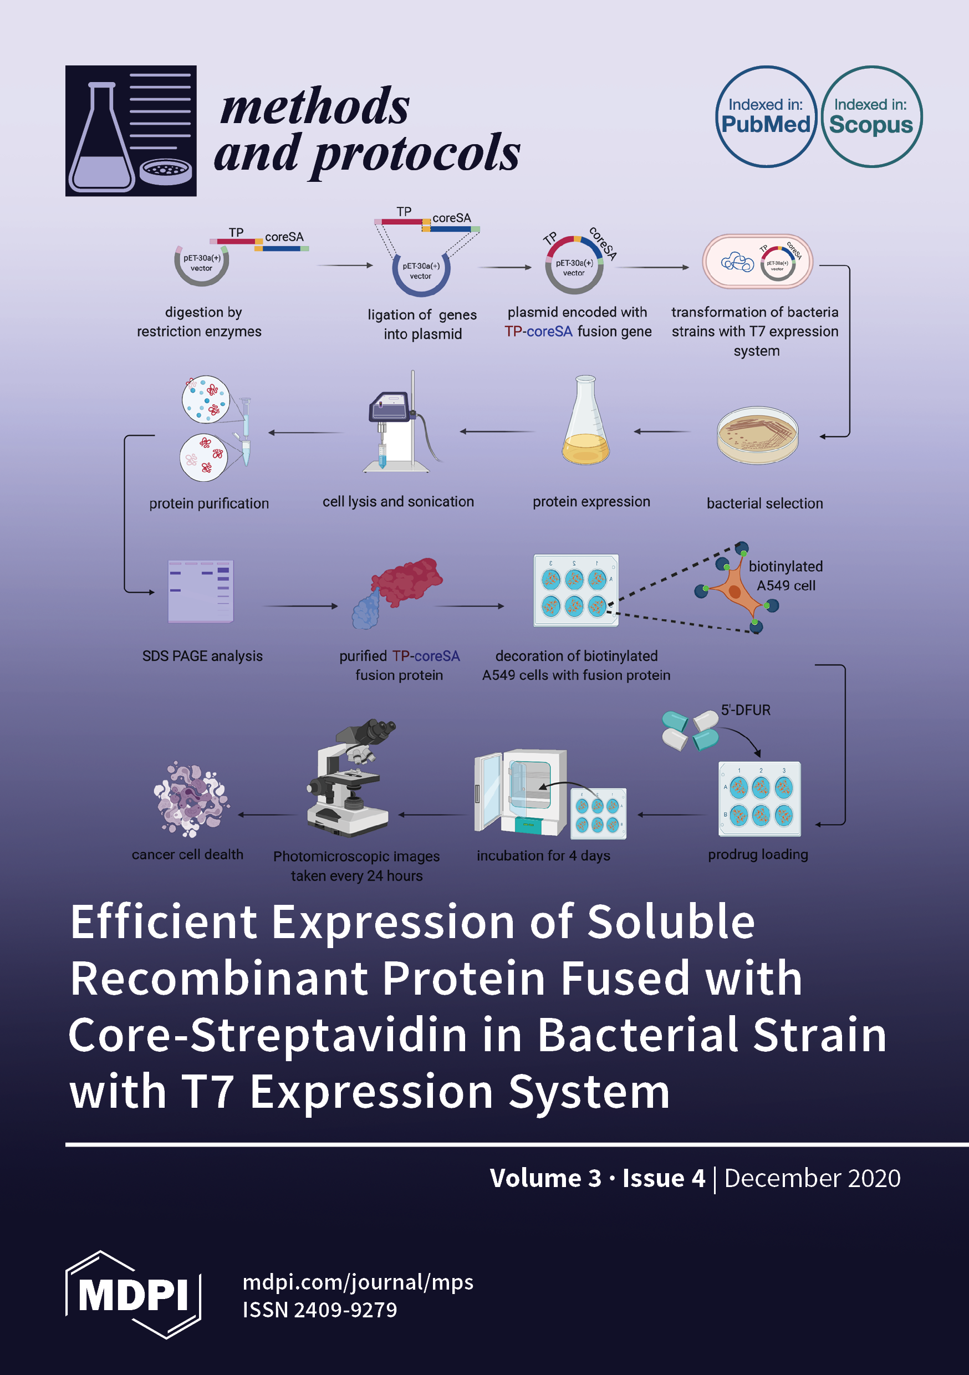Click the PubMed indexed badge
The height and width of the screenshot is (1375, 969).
(766, 116)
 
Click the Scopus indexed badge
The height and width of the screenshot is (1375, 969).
(871, 116)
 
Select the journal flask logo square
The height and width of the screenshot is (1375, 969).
(131, 130)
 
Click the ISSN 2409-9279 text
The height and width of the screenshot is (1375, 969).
(319, 1310)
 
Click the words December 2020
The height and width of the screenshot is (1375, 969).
(812, 1178)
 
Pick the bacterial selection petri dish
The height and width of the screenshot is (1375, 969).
(758, 435)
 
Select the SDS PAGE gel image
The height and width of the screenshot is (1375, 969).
(201, 591)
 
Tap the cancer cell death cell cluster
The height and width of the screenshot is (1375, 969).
(191, 799)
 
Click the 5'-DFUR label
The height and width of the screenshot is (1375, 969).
(745, 710)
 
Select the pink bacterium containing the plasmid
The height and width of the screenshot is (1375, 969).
(757, 261)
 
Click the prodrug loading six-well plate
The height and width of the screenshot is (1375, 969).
(759, 798)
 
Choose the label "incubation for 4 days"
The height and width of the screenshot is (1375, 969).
(543, 855)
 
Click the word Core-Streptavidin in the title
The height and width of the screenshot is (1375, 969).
(267, 1035)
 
